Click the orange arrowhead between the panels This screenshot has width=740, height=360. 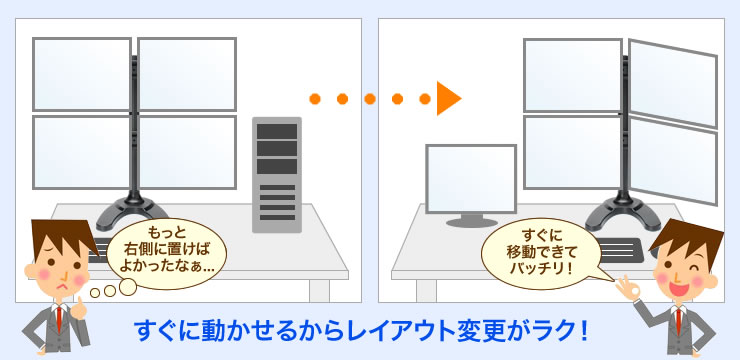(x=448, y=98)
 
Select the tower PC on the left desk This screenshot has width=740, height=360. (x=277, y=176)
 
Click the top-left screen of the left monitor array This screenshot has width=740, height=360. (x=82, y=74)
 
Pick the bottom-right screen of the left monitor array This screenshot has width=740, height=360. (x=187, y=151)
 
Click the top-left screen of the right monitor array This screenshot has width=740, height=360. (x=572, y=74)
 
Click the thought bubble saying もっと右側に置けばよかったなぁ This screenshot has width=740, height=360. (x=167, y=259)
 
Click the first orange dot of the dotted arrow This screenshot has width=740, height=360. (x=315, y=98)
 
